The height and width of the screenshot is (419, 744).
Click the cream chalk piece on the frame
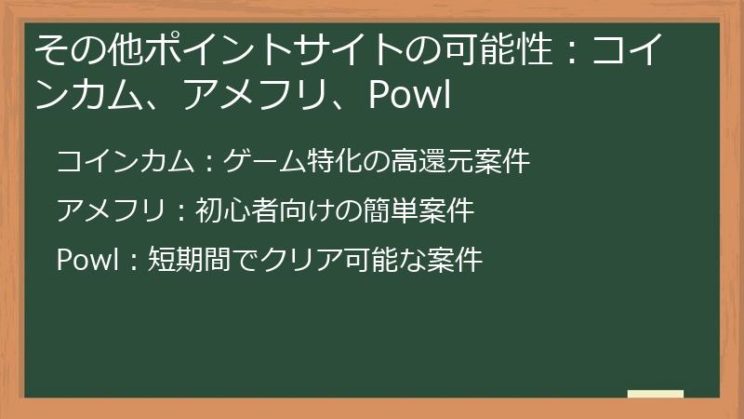pos(656,394)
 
